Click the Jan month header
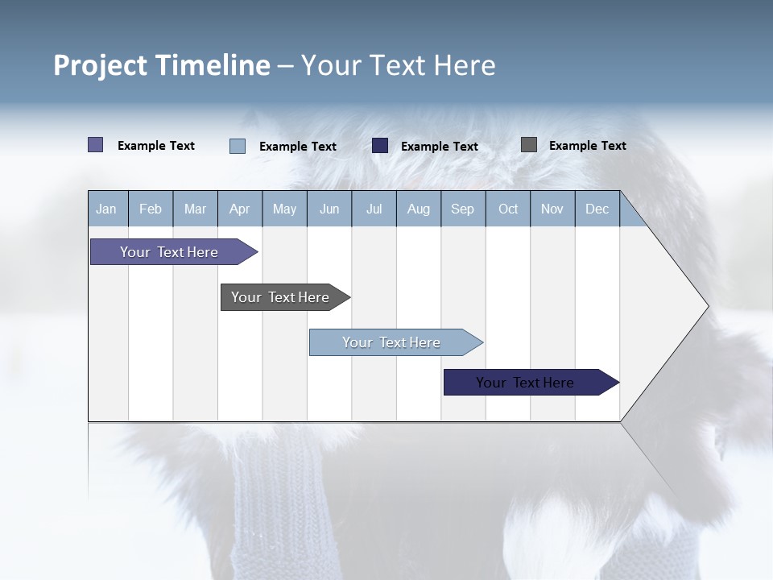(x=106, y=209)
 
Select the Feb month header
(x=151, y=209)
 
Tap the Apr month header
(x=239, y=209)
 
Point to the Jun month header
(x=329, y=209)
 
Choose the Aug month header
(x=418, y=209)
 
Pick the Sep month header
(x=462, y=209)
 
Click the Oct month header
(x=508, y=209)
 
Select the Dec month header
(x=597, y=209)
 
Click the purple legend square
(x=96, y=145)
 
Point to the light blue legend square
(x=238, y=146)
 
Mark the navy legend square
(x=380, y=146)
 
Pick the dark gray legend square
(x=529, y=145)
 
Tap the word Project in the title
(x=100, y=65)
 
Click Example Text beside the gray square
(x=587, y=146)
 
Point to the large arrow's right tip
(x=707, y=306)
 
